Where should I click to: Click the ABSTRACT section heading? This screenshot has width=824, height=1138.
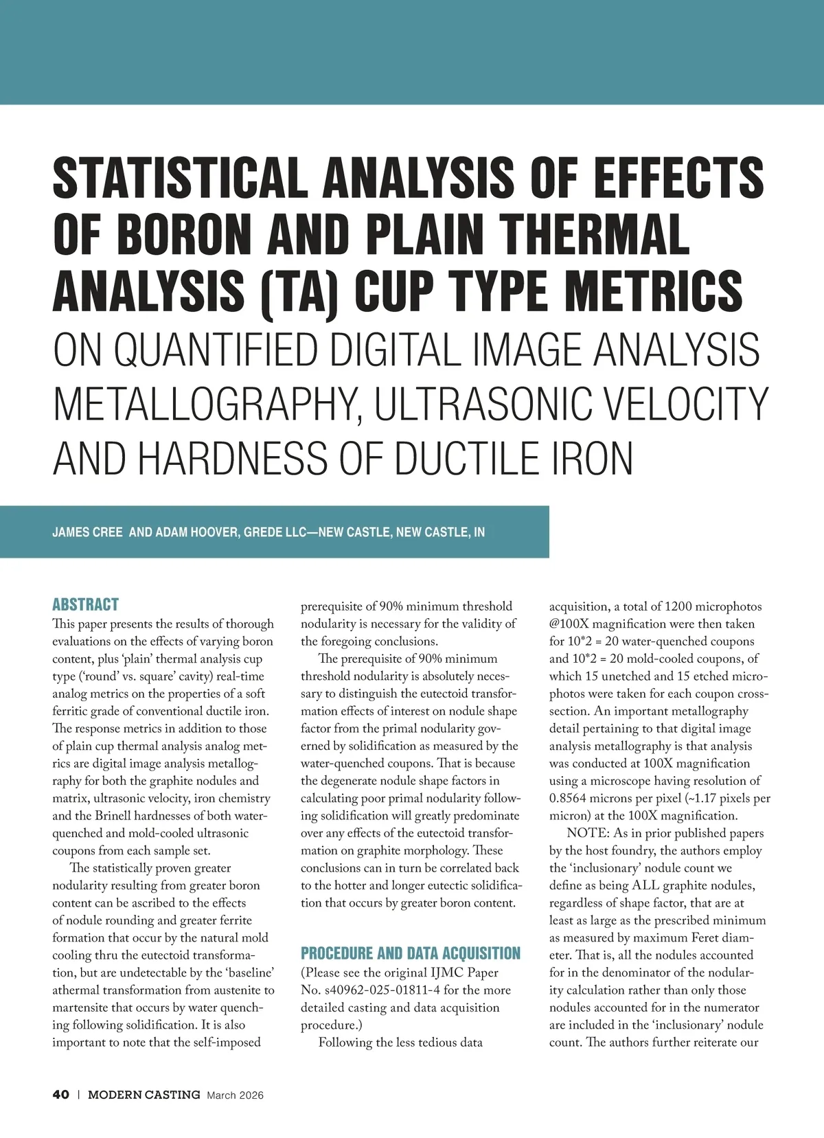pos(85,604)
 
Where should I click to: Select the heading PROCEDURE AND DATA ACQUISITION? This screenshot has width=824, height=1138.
pos(411,953)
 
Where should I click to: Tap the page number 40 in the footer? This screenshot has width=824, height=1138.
pos(60,1095)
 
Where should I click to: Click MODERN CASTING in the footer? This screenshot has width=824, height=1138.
pos(144,1095)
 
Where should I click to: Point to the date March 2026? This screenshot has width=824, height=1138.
pos(235,1095)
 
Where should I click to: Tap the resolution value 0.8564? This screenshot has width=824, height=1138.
pos(570,799)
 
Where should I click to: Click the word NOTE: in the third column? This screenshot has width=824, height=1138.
pos(587,834)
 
